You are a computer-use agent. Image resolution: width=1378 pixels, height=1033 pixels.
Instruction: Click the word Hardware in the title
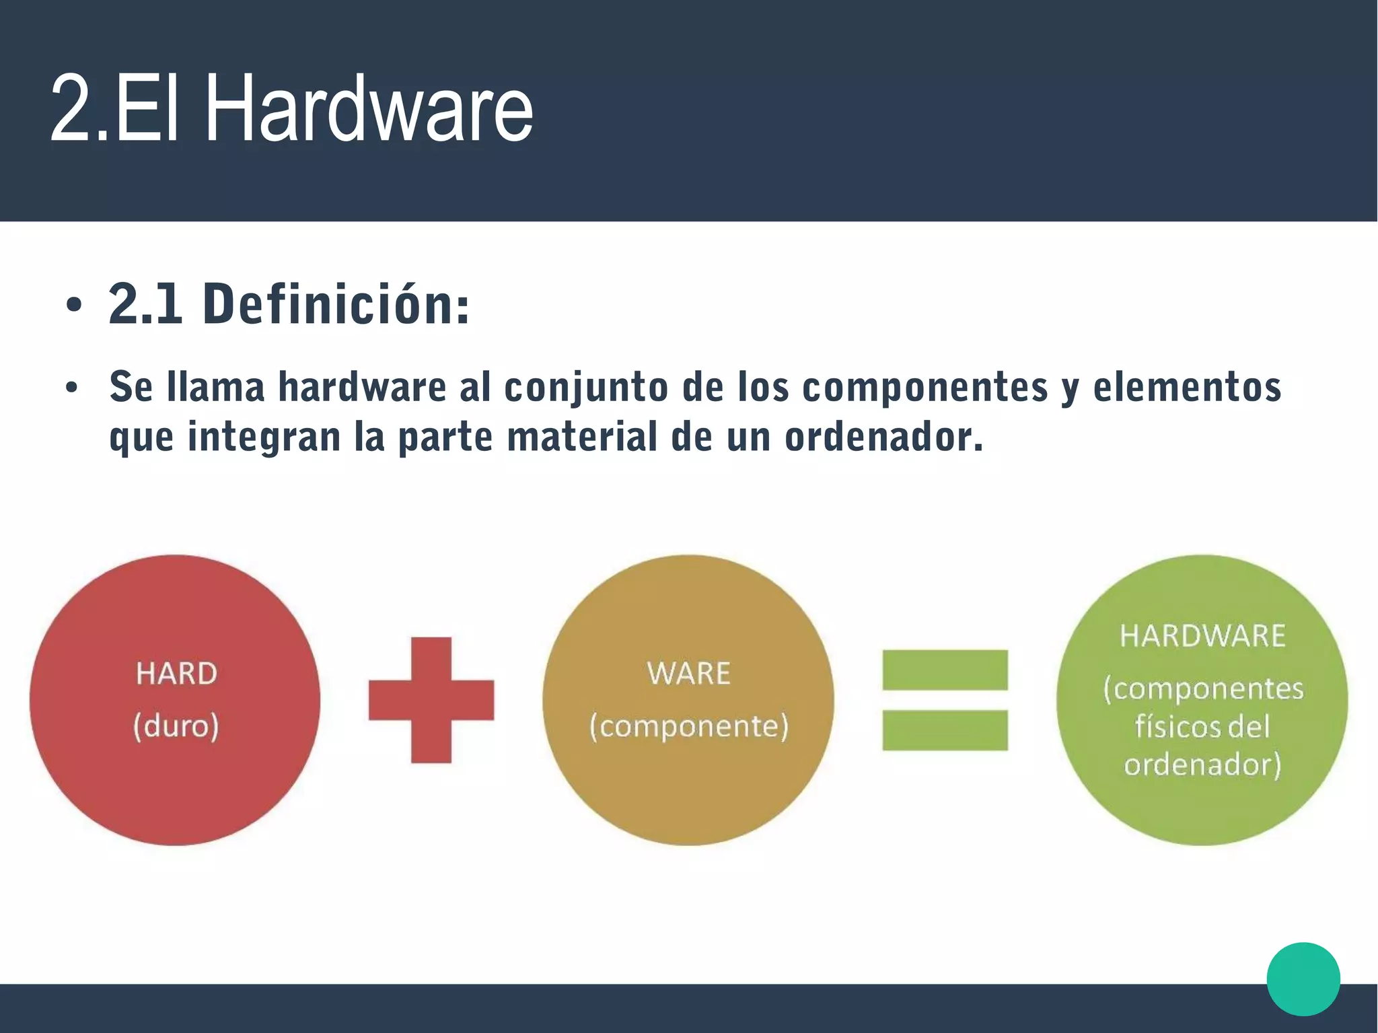pos(369,109)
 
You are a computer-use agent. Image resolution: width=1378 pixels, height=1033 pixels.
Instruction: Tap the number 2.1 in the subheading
pos(145,304)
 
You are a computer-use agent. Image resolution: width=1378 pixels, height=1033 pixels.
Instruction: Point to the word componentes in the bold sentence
pos(925,388)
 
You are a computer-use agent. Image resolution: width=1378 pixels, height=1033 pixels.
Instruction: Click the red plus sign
pos(431,700)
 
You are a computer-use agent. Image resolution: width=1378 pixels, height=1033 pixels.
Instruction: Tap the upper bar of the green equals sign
pos(945,670)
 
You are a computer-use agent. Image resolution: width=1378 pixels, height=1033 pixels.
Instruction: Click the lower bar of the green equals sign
pos(945,730)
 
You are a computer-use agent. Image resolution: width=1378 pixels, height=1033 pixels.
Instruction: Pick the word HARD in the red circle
pos(176,674)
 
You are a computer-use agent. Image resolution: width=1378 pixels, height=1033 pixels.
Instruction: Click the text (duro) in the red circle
pos(176,726)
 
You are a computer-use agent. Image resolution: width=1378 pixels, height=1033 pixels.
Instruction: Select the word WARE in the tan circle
pos(688,674)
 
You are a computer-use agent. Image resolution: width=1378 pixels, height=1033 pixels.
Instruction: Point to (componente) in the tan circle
pos(688,726)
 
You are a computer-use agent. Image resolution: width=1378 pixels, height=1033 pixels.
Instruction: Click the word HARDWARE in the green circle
pos(1202,636)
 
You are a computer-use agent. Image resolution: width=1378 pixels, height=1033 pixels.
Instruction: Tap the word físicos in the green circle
pos(1167,727)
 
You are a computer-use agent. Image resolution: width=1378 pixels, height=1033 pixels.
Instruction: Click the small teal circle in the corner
pos(1303,979)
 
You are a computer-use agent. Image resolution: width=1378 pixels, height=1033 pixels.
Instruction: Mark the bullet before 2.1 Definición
pos(74,306)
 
